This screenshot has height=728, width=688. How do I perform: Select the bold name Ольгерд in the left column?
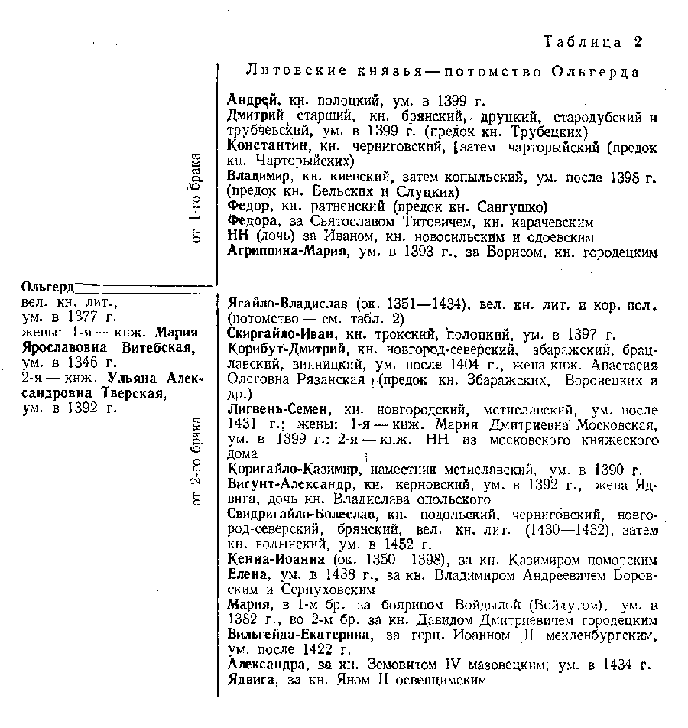47,288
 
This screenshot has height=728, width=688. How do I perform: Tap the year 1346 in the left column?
80,362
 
